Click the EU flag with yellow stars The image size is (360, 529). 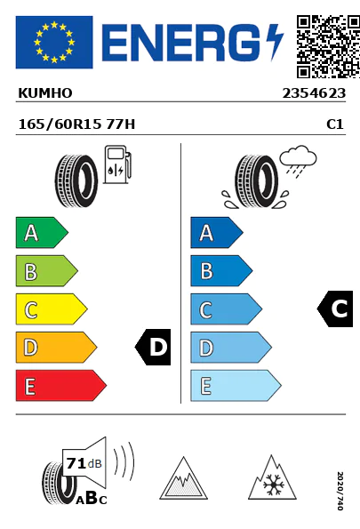[x=54, y=42]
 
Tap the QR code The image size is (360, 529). [x=328, y=46]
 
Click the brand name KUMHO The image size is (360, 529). [x=45, y=93]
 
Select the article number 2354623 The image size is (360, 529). [x=314, y=93]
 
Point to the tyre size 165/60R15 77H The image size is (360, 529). [x=76, y=124]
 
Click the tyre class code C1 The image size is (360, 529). [x=335, y=124]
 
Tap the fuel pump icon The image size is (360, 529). [x=117, y=164]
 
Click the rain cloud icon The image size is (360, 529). [x=299, y=161]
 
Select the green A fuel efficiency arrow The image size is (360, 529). [x=42, y=233]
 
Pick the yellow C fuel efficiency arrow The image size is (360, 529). [x=52, y=309]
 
